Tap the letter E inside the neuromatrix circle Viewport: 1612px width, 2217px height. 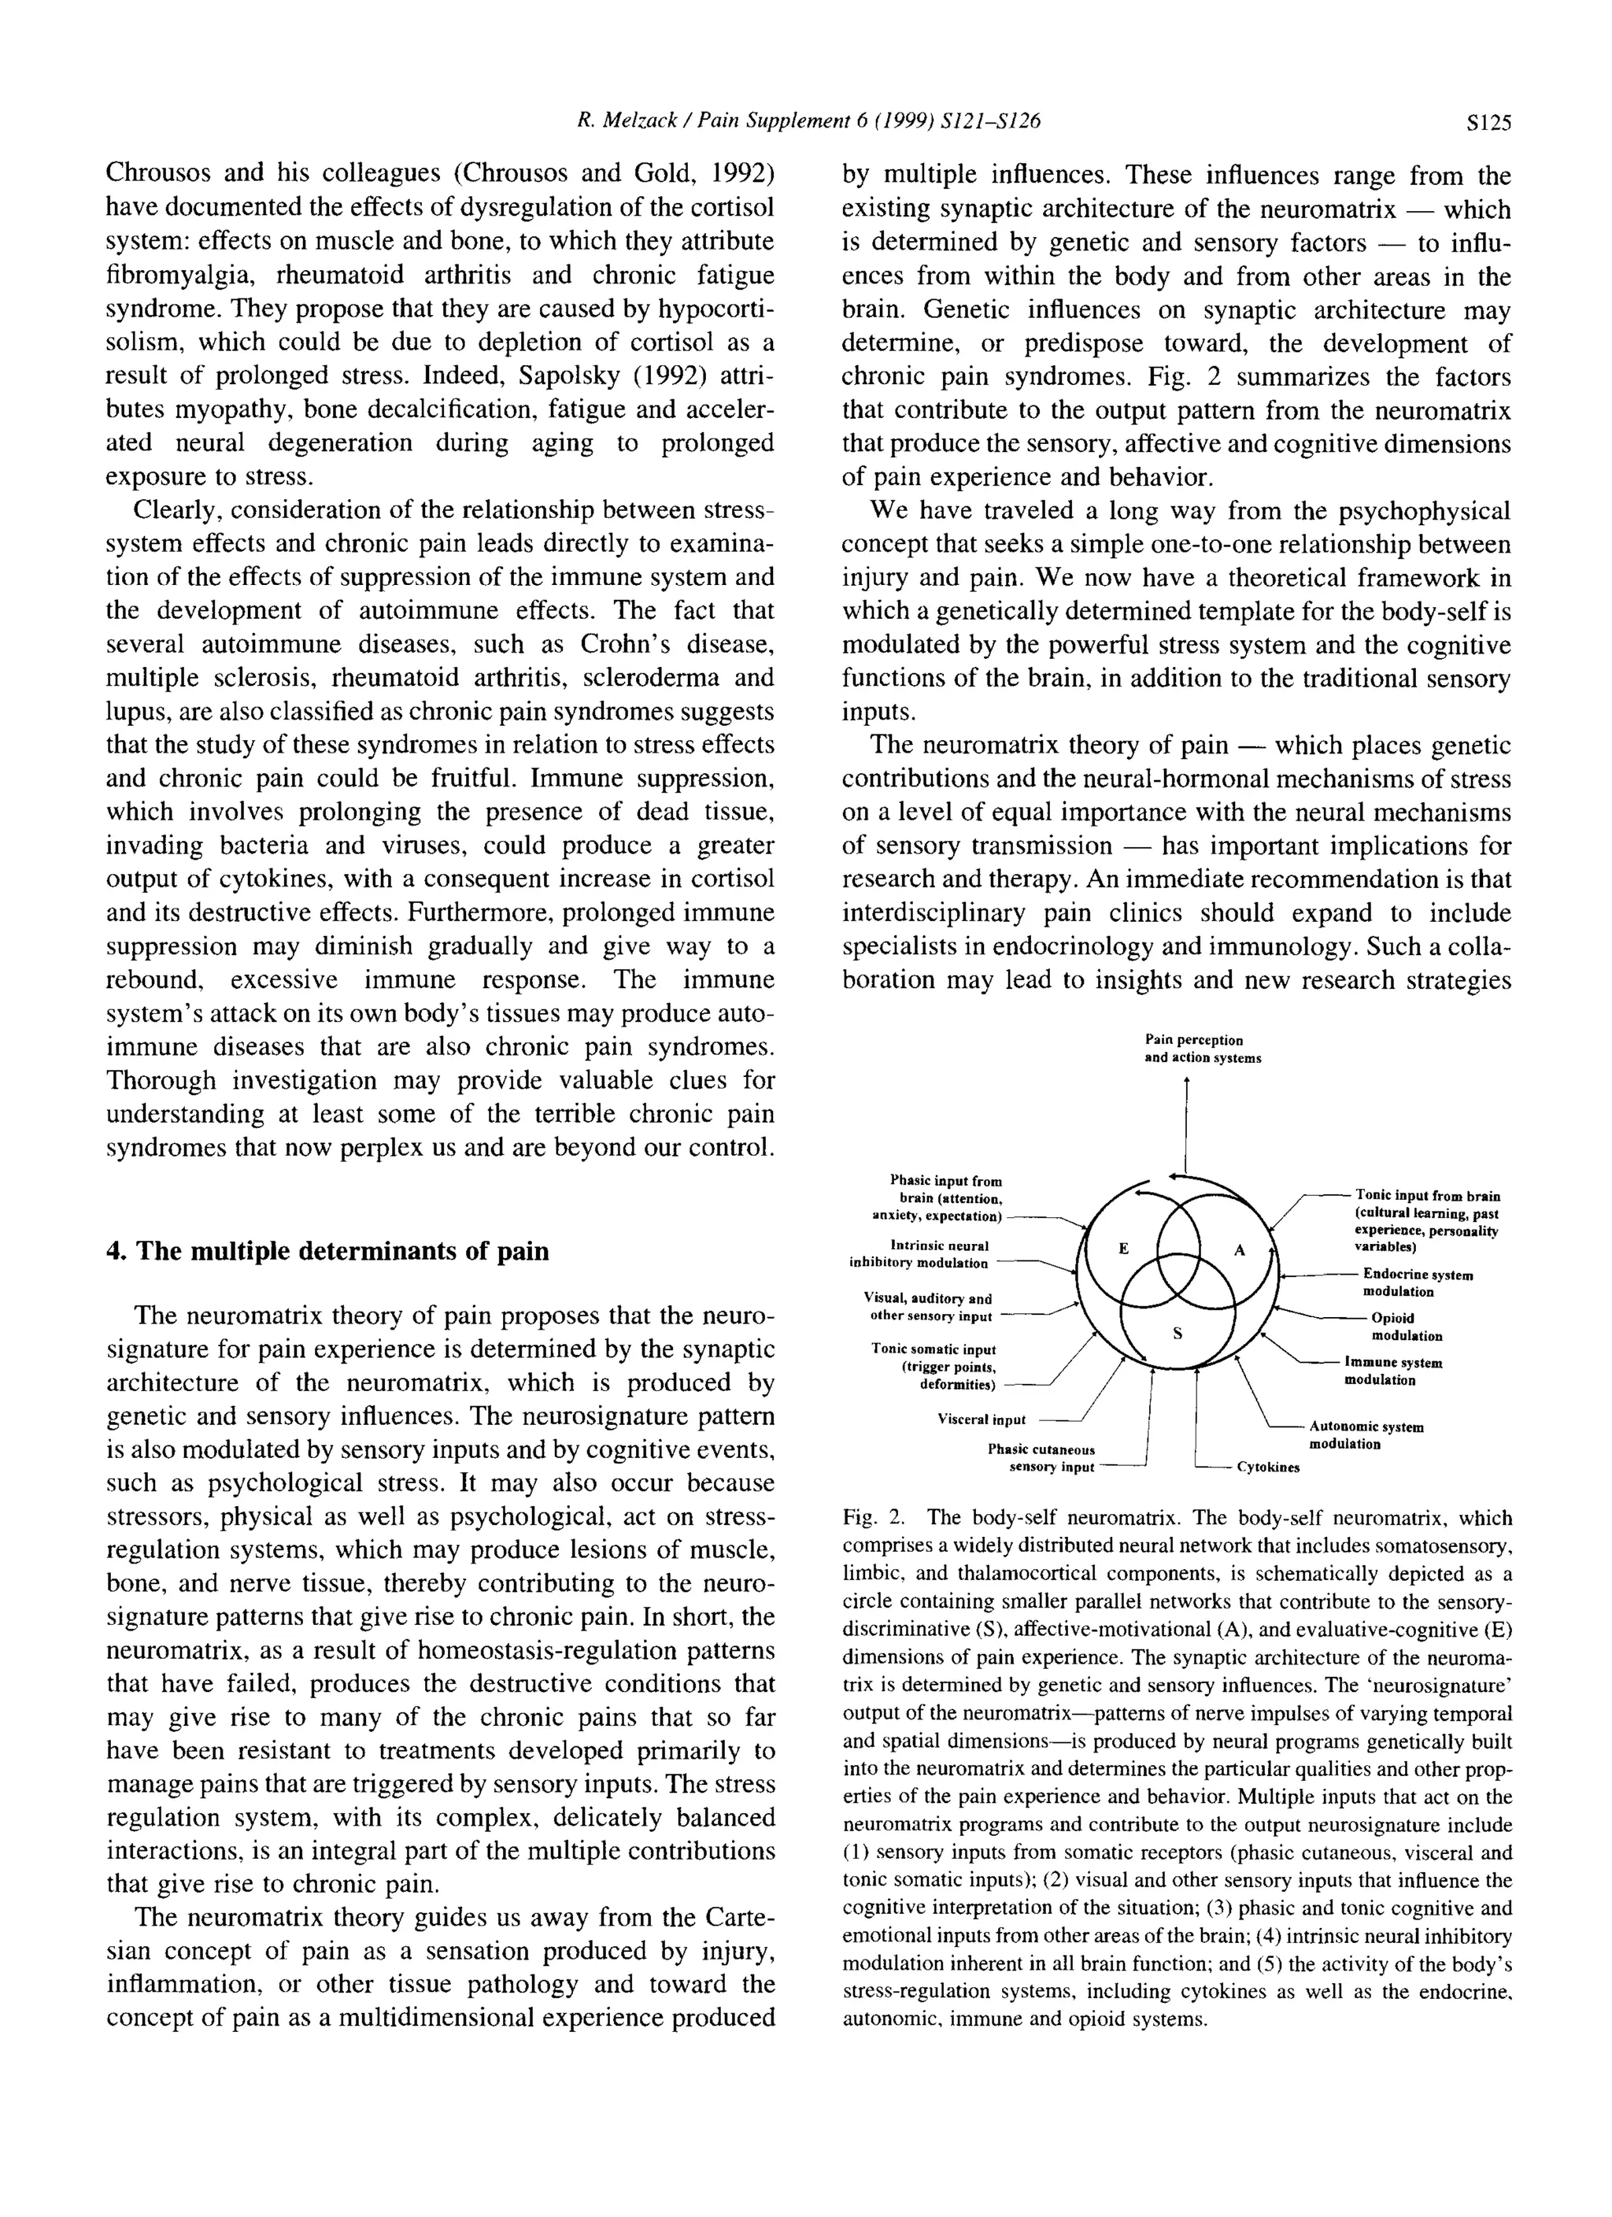1124,1249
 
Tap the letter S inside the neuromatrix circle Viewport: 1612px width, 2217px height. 1178,1332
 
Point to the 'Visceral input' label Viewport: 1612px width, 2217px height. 982,1419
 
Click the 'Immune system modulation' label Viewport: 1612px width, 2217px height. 1393,1371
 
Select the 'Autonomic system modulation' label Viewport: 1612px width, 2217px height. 1366,1435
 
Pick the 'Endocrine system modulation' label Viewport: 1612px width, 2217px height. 1417,1282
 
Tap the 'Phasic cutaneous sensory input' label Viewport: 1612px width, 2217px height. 1042,1457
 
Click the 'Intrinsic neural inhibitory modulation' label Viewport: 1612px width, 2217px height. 920,1254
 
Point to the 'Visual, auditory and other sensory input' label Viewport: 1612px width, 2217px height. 928,1307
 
